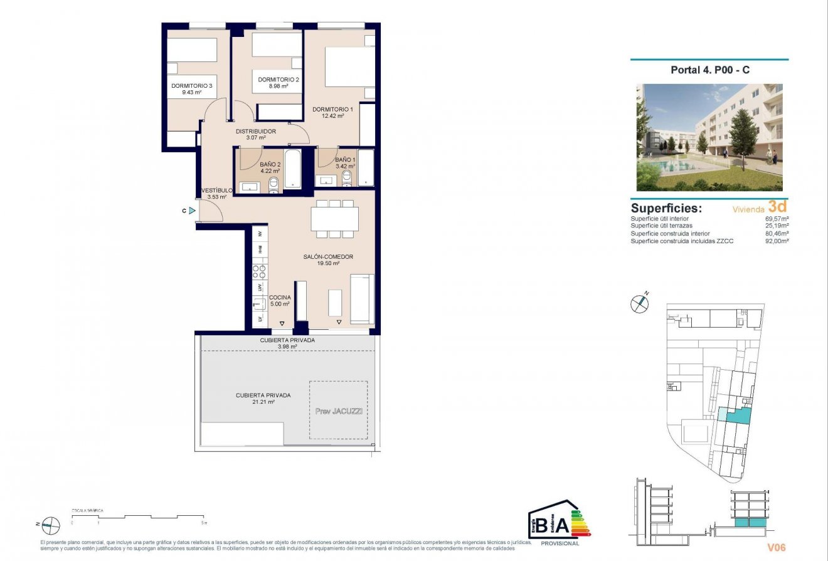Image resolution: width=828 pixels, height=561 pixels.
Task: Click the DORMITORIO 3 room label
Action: pyautogui.click(x=192, y=86)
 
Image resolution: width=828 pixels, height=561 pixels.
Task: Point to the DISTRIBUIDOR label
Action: pyautogui.click(x=255, y=131)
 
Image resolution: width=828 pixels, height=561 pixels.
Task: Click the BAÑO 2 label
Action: pyautogui.click(x=270, y=164)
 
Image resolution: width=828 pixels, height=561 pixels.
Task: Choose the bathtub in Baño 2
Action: pyautogui.click(x=292, y=169)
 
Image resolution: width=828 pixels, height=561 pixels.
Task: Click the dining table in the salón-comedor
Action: pyautogui.click(x=334, y=219)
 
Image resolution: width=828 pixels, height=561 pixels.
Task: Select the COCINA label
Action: pyautogui.click(x=279, y=298)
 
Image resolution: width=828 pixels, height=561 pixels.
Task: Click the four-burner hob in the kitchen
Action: pyautogui.click(x=259, y=271)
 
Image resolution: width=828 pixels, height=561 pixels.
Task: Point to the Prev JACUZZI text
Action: pyautogui.click(x=339, y=411)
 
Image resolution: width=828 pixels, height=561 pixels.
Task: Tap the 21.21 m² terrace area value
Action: pyautogui.click(x=263, y=402)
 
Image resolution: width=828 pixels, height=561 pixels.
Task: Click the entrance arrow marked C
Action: pyautogui.click(x=191, y=211)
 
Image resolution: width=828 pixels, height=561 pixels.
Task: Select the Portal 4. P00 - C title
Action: pyautogui.click(x=709, y=70)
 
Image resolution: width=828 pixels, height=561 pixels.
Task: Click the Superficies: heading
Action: pyautogui.click(x=666, y=208)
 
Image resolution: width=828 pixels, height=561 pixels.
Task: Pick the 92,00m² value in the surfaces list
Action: pyautogui.click(x=777, y=241)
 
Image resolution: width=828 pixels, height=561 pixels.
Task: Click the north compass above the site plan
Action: pyautogui.click(x=639, y=303)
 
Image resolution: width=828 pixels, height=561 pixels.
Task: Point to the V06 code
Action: pyautogui.click(x=777, y=548)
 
